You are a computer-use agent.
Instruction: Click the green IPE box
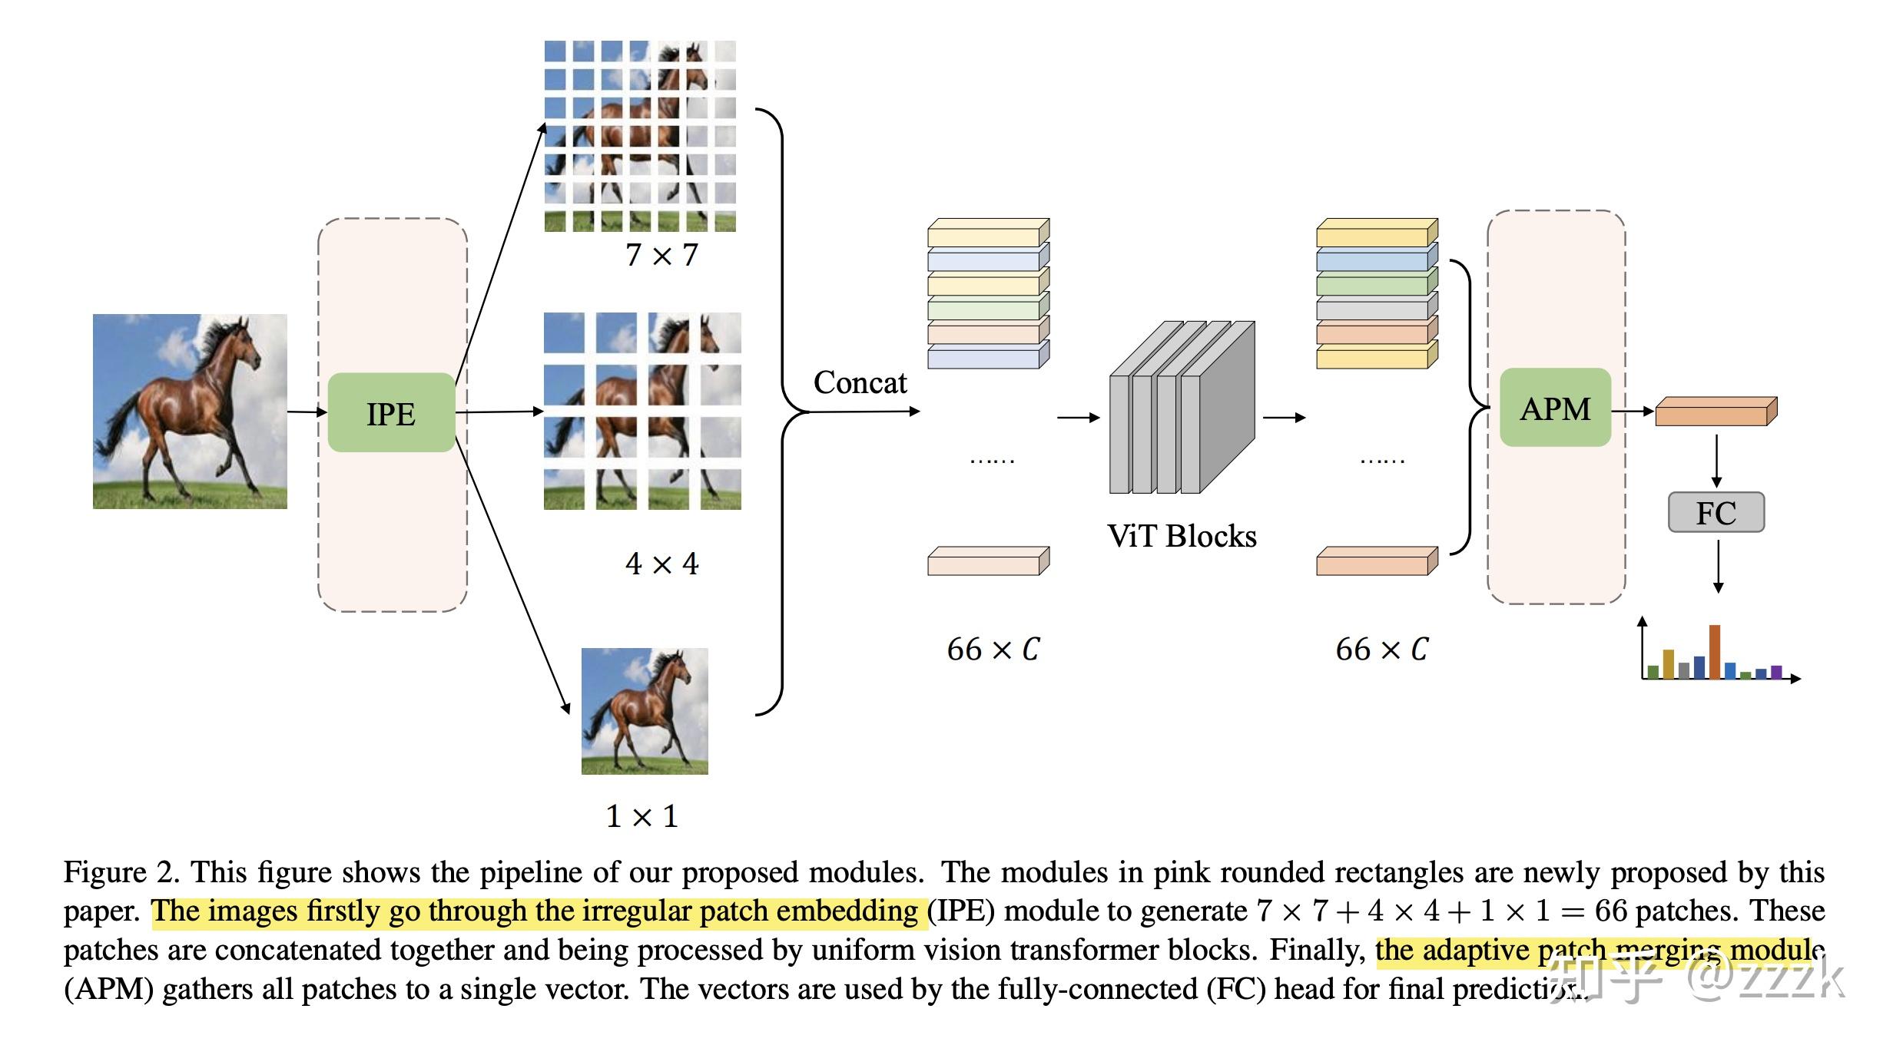tap(391, 412)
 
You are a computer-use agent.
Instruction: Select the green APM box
tap(1555, 408)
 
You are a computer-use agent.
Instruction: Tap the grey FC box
tap(1716, 512)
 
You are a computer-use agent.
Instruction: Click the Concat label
tap(860, 382)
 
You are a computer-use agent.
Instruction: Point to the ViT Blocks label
tap(1182, 536)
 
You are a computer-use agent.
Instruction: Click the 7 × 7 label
tap(661, 255)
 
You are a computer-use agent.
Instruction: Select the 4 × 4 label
tap(661, 564)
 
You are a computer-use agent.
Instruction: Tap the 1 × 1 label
tap(642, 816)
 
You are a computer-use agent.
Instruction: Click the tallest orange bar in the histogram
tap(1714, 652)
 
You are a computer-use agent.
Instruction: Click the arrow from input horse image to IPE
tap(307, 412)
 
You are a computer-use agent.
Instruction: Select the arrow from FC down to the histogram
tap(1718, 567)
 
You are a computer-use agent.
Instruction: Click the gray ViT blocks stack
tap(1182, 407)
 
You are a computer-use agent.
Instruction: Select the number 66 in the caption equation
tap(1611, 911)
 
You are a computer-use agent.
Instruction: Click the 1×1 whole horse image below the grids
tap(645, 711)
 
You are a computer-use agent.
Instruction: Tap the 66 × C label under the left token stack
tap(993, 650)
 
